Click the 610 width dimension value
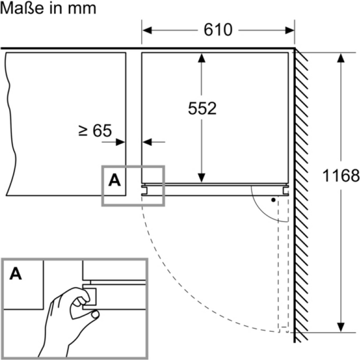[218, 30]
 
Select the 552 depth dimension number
[202, 108]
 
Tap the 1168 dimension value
[341, 176]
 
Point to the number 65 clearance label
[102, 131]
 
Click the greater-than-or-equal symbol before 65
[83, 131]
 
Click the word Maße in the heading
[22, 8]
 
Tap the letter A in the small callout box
[114, 180]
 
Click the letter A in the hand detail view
[16, 273]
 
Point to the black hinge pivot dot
[273, 200]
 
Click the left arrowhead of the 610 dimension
[147, 30]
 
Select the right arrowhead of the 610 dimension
[290, 30]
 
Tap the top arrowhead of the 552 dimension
[202, 58]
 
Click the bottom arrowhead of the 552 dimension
[202, 178]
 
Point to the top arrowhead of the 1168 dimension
[341, 58]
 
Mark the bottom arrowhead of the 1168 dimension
[341, 327]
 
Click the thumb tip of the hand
[95, 314]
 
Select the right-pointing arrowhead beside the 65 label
[120, 142]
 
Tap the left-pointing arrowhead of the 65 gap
[147, 142]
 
